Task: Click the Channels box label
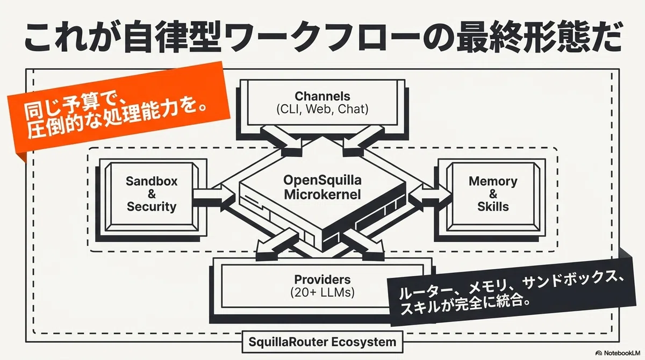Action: [x=322, y=96]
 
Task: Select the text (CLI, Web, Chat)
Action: [x=322, y=110]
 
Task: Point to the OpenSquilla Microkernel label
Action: [x=322, y=188]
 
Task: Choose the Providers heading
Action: [x=322, y=279]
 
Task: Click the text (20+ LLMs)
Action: [x=322, y=293]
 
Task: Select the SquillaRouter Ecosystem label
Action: [x=322, y=342]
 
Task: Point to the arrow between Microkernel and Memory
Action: [x=430, y=196]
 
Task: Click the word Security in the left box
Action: [x=152, y=207]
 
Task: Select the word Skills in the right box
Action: [x=493, y=207]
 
